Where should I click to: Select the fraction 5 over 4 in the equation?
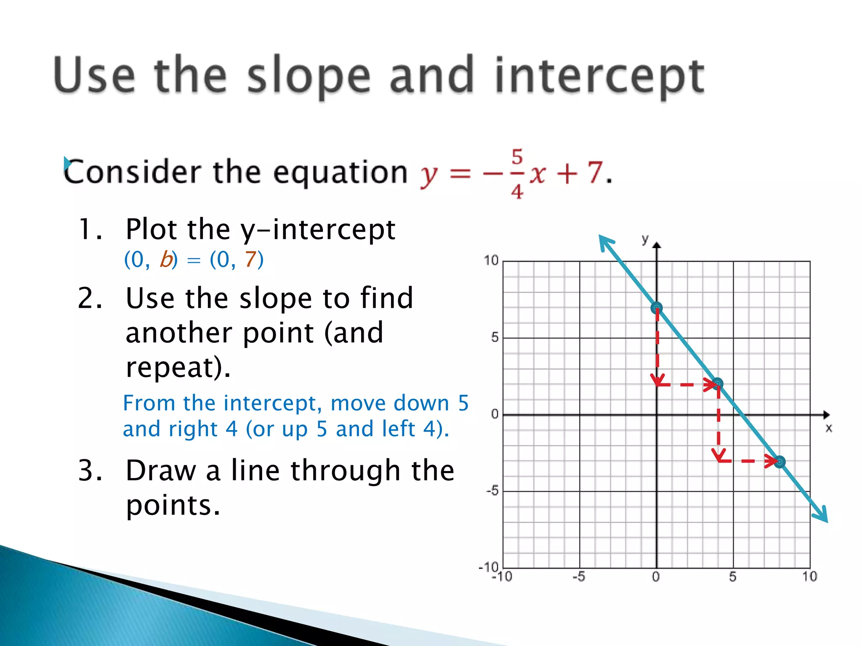(x=517, y=173)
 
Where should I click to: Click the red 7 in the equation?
(x=595, y=172)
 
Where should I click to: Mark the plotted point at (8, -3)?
(x=780, y=462)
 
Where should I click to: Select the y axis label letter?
(x=645, y=239)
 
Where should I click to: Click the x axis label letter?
(x=828, y=428)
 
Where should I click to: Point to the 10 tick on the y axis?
(x=491, y=260)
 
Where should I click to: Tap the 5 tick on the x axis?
(x=733, y=577)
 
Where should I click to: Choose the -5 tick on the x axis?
(x=579, y=577)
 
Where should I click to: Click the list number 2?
(x=90, y=298)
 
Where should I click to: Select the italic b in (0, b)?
(x=166, y=259)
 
